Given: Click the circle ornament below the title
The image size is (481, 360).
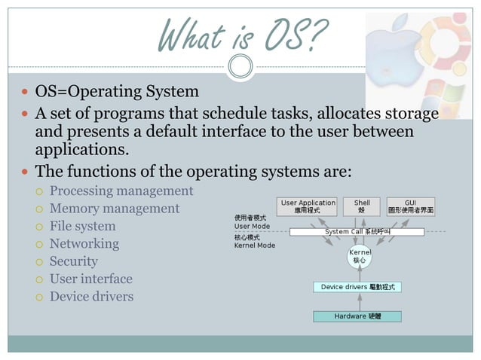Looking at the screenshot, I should tap(240, 67).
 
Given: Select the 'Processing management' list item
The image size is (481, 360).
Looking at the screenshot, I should tap(121, 191).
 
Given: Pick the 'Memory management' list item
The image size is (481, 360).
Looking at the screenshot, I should tap(115, 209).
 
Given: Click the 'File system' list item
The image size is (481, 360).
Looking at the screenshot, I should tap(83, 226).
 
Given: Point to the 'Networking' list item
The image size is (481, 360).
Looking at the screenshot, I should tap(84, 243).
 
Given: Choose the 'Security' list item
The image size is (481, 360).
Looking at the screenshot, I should tap(74, 261).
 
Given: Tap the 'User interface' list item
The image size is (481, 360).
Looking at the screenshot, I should tap(91, 279).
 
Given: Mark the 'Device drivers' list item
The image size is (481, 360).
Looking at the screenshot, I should tap(91, 296).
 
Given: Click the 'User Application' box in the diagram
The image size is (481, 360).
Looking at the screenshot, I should tap(308, 206).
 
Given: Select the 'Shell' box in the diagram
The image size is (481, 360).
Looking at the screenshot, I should tap(362, 206).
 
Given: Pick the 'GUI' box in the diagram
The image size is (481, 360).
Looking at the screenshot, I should tap(410, 206).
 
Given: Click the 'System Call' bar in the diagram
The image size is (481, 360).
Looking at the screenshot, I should tap(357, 232).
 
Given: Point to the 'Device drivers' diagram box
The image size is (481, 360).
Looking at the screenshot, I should tap(357, 287).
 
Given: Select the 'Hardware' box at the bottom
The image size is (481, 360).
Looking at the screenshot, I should tap(357, 316).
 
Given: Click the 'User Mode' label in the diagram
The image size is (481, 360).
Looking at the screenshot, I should tap(252, 226).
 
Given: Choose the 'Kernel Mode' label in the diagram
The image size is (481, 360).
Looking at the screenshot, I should tap(255, 246).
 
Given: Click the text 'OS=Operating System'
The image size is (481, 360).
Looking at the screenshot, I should tap(117, 92).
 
